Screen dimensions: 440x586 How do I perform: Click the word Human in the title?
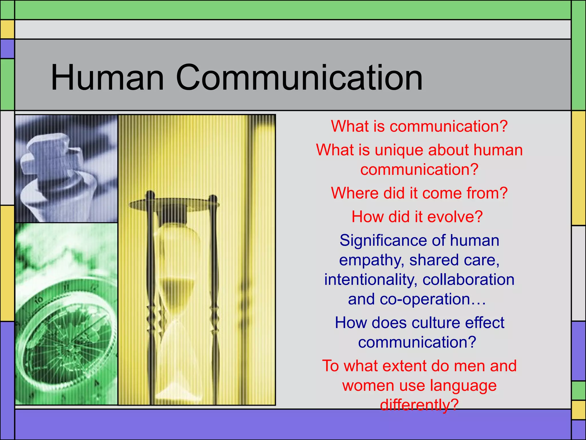[x=107, y=78]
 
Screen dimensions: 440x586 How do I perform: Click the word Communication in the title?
[x=299, y=78]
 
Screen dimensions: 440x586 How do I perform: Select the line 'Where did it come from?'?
[x=419, y=193]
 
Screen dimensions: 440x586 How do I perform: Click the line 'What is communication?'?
[x=419, y=126]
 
